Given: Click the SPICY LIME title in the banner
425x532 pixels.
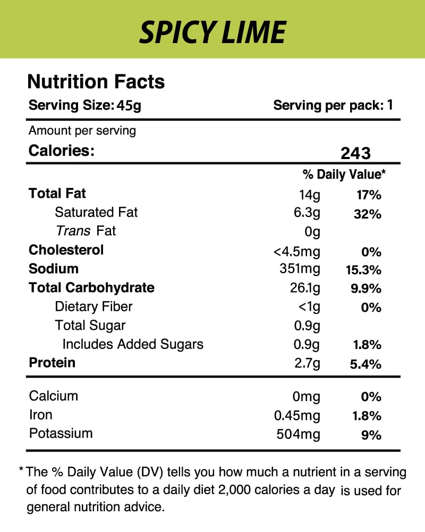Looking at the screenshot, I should [212, 31].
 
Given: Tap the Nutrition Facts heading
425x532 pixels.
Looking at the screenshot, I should [96, 82].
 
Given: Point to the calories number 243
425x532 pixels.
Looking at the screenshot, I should [355, 153].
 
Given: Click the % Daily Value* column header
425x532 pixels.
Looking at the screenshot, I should [344, 174].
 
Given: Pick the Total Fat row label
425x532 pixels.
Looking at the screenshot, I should [57, 194].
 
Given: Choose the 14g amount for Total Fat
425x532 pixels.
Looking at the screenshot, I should [310, 195].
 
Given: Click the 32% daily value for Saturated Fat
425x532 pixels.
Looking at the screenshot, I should [367, 214].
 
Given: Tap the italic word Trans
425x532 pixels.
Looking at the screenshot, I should [73, 231].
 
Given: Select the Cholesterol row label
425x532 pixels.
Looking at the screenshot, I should [66, 250].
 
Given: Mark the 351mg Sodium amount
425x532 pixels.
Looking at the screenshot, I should [300, 269].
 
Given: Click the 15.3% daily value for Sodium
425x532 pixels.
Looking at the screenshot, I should [360, 270].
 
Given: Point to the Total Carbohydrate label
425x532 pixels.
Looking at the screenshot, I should [91, 288].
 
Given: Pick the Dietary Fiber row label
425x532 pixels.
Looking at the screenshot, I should [93, 306].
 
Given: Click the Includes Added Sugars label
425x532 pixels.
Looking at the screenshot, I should [133, 344].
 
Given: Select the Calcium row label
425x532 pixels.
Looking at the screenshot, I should [54, 396].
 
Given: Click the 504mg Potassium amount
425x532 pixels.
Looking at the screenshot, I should [299, 434].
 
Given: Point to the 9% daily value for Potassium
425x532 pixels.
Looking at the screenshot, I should [371, 435].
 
